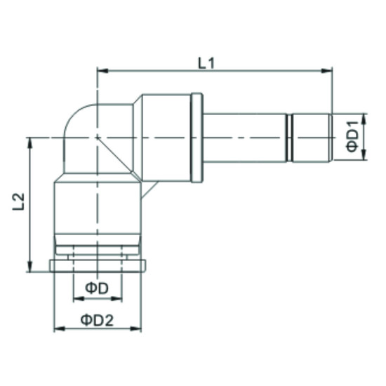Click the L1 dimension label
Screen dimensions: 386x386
point(206,62)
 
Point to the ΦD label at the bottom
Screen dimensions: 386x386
point(96,288)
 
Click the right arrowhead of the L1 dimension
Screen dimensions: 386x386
point(328,70)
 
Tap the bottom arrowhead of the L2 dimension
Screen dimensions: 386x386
point(29,267)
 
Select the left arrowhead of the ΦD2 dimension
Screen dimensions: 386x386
point(58,328)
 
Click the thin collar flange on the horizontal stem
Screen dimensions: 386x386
point(198,137)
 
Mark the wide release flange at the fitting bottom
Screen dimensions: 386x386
point(98,266)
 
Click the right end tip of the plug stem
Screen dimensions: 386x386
point(331,137)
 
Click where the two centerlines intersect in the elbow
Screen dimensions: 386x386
point(98,138)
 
